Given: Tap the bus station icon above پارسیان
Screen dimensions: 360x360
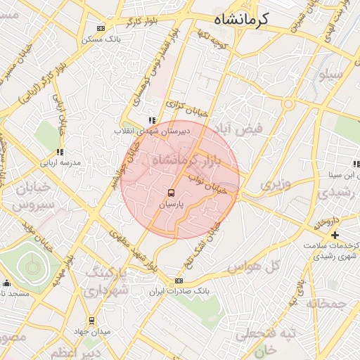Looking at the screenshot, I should coord(170,192).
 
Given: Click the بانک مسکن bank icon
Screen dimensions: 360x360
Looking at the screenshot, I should coord(100,29).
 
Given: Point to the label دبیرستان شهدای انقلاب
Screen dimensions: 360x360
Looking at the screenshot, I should coord(148,131).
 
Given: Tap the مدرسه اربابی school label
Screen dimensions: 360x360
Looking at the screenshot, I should coord(60,162).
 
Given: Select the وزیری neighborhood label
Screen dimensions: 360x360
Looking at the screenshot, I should coord(275,184).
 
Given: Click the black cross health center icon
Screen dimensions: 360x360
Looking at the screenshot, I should coord(335,234).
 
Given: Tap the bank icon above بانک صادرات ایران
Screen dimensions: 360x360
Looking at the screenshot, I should coord(179,280).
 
